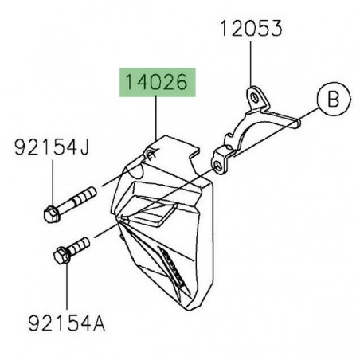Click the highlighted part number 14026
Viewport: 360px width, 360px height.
156,82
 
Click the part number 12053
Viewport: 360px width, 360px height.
251,30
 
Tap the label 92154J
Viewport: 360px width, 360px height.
51,147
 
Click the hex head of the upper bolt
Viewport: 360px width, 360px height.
49,213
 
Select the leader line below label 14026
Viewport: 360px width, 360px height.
157,119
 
